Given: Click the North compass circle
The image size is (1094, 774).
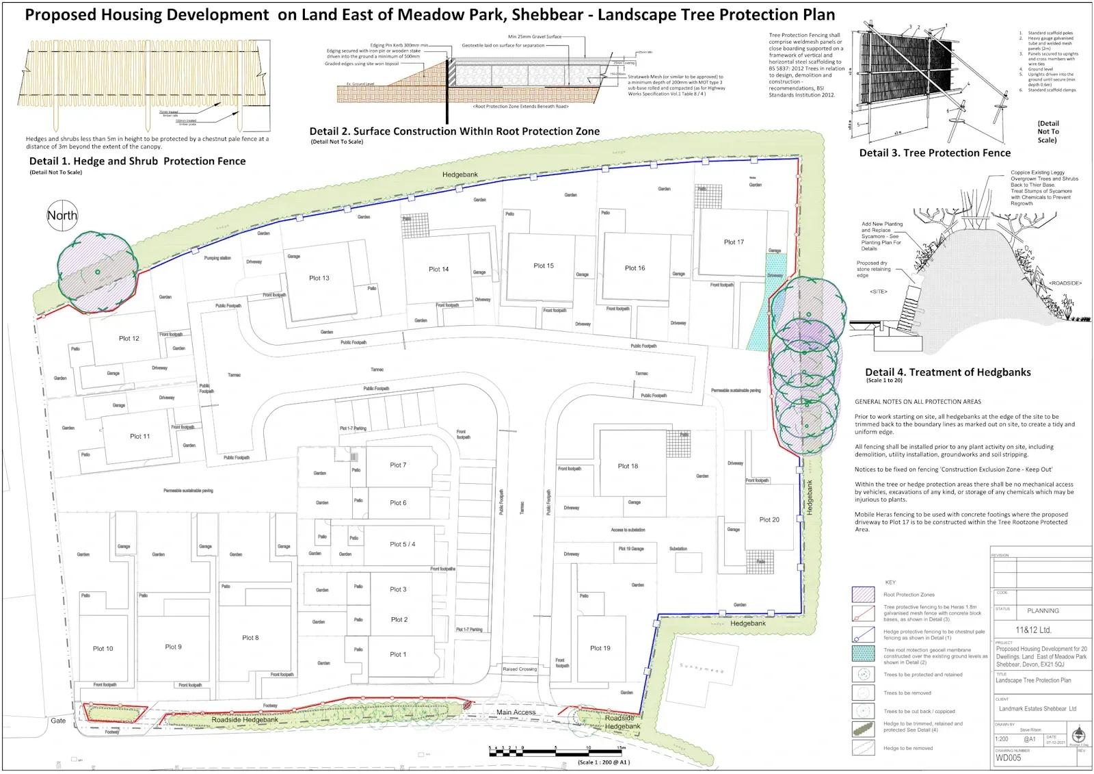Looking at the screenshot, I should (62, 216).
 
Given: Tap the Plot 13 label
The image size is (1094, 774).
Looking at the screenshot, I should (319, 278).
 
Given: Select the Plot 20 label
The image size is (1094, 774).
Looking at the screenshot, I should (769, 519).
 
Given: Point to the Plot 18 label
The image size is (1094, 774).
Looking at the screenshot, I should (628, 466).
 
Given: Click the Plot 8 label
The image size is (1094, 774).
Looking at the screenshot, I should (250, 638).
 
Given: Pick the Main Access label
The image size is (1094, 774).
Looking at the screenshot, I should (516, 712).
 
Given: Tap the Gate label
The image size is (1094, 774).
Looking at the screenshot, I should (58, 721).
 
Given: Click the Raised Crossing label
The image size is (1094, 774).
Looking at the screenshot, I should (520, 669).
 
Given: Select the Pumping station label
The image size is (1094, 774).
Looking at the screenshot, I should (217, 258).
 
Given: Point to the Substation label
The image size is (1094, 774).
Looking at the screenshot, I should (678, 549).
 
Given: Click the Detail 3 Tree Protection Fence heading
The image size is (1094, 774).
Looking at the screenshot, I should (935, 153).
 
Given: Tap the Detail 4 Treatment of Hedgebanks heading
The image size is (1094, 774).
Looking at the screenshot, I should (948, 372).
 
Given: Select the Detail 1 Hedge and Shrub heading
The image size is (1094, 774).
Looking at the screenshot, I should (137, 162).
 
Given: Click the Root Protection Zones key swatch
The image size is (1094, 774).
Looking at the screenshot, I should (863, 594).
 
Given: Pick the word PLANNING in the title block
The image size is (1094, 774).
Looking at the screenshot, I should (1043, 610).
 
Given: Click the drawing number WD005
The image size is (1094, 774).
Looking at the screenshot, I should (1009, 758).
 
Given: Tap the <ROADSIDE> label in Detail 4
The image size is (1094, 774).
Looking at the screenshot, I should (1065, 283).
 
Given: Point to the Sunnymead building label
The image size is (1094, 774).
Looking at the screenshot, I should (701, 668).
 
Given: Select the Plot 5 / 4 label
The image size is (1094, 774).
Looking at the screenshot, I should (402, 544).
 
